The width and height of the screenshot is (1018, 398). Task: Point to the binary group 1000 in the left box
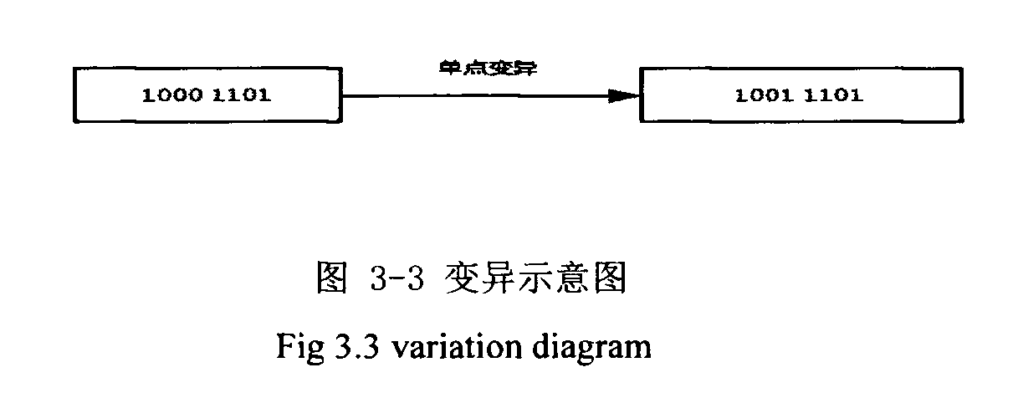point(171,95)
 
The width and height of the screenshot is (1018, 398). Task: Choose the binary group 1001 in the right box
point(765,95)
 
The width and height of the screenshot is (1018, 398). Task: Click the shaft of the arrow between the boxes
point(477,96)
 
